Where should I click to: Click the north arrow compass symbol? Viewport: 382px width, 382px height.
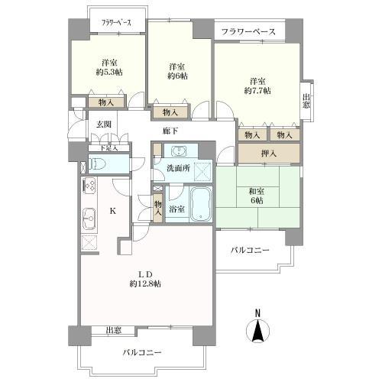pos(257,330)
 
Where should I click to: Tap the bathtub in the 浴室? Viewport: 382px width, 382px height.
pos(200,205)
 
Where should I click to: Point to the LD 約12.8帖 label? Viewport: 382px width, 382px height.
pos(144,279)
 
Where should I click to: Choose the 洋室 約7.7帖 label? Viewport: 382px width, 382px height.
pos(257,86)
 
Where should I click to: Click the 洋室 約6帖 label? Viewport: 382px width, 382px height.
pos(179,70)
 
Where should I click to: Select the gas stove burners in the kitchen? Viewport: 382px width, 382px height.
pos(87,186)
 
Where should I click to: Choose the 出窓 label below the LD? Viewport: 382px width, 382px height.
pos(113,330)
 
